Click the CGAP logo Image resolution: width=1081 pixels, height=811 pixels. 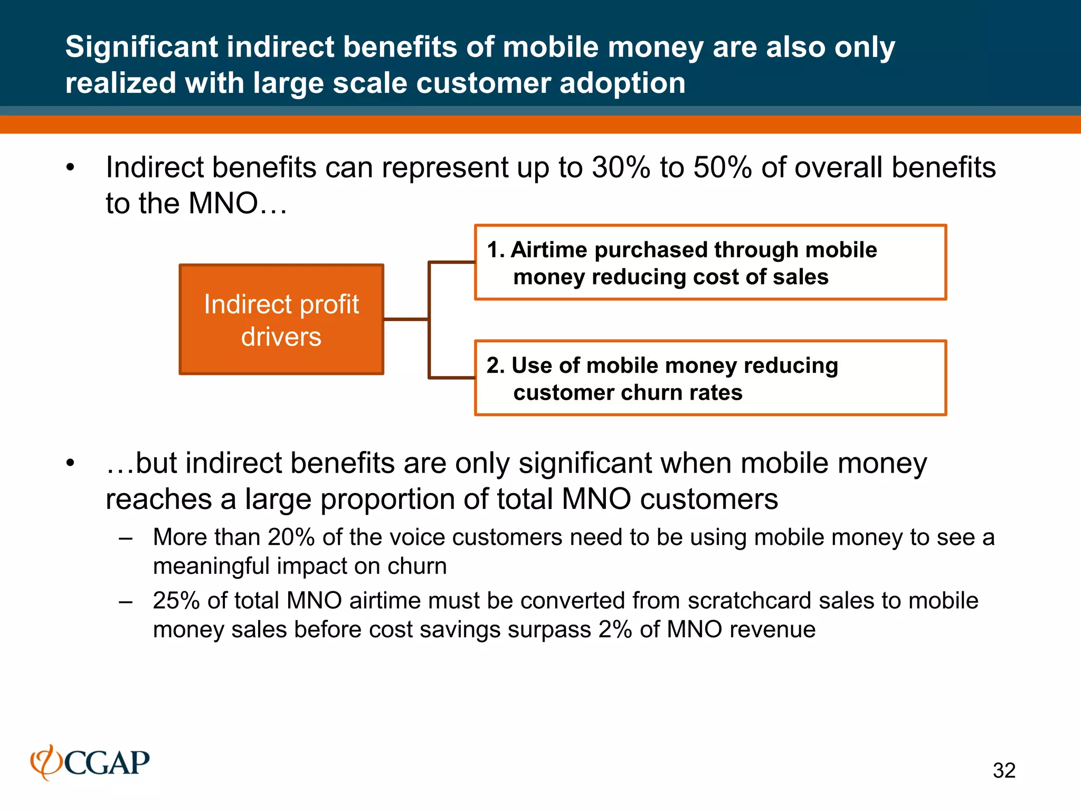90,762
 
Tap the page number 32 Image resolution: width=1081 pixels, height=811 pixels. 1004,770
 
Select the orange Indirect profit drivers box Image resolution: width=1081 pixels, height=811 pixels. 281,319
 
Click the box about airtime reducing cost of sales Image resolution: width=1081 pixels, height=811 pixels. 710,262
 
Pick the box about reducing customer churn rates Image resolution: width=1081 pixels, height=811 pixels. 710,378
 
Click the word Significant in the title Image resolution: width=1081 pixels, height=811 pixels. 141,46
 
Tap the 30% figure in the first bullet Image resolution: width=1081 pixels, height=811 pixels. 621,167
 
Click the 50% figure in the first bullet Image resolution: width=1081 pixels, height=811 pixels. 722,167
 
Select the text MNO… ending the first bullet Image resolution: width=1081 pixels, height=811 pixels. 238,203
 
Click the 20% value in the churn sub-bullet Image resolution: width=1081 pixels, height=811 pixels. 291,537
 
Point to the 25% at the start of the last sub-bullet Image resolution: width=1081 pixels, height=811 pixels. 176,601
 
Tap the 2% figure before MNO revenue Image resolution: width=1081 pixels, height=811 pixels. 615,630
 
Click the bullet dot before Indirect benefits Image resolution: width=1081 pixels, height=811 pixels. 71,168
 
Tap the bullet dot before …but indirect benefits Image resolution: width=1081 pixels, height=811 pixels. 71,464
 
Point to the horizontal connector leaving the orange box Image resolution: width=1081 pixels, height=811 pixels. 405,319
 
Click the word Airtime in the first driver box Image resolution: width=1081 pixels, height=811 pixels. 549,250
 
